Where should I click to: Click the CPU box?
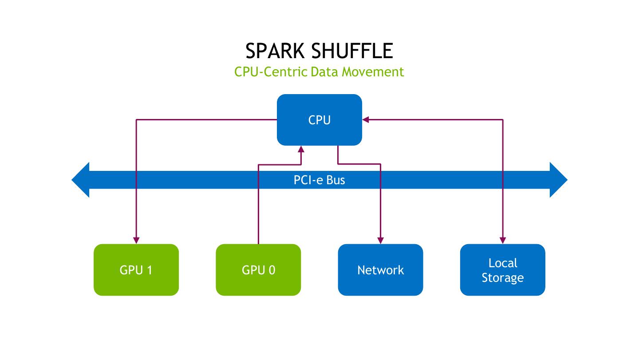(x=319, y=119)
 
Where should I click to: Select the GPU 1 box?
(x=136, y=270)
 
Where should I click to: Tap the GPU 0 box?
(x=258, y=270)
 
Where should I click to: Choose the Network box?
(x=380, y=270)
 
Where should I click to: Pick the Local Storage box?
(x=502, y=270)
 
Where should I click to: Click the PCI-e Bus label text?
(x=319, y=180)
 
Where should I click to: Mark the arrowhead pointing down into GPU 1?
(x=136, y=240)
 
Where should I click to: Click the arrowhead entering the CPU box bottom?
(x=301, y=149)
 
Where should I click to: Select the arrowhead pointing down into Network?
(x=380, y=240)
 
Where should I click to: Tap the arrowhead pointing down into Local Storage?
(x=502, y=240)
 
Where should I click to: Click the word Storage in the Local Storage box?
(x=502, y=278)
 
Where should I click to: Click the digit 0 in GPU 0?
(x=272, y=270)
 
